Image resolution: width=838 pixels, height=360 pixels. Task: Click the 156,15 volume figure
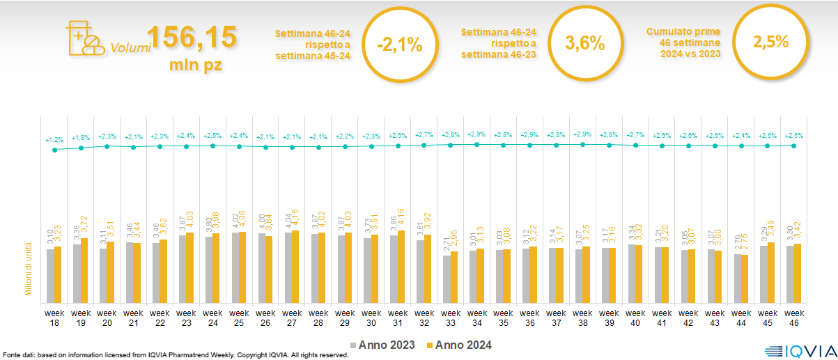[x=192, y=36]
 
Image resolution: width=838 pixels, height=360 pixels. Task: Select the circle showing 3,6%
[x=584, y=43]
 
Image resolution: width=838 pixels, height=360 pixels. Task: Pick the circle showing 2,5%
[x=770, y=42]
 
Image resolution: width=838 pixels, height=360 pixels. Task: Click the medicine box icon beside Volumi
[x=82, y=38]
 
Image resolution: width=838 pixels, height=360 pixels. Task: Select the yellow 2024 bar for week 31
[x=401, y=265]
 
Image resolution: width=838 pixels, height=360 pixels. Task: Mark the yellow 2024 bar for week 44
[x=745, y=277]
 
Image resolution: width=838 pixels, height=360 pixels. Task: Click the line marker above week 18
[x=54, y=150]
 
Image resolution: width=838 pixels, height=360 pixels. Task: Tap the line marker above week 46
[x=794, y=145]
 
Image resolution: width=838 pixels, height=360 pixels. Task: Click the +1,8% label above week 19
[x=81, y=138]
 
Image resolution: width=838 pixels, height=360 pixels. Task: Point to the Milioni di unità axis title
[x=29, y=269]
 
